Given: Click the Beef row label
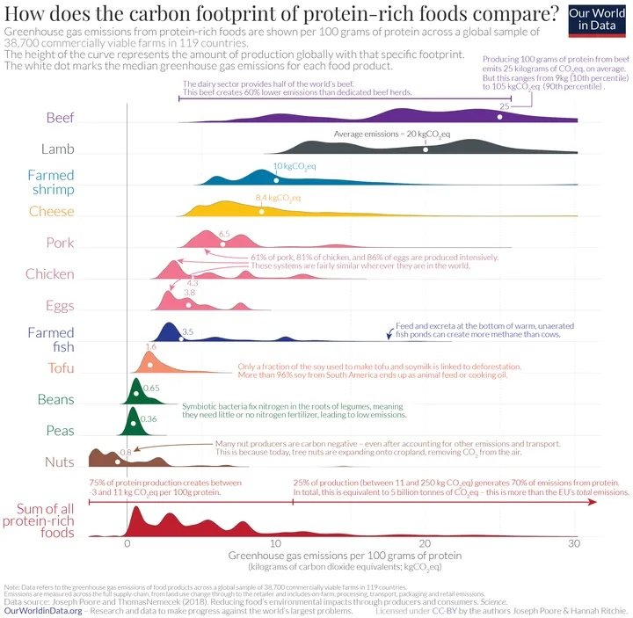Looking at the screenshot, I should coord(59,117).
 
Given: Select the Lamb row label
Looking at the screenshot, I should coord(56,149).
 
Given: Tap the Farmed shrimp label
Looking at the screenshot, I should coord(50,182).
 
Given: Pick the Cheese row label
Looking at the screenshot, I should coord(51,211).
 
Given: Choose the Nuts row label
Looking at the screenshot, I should coord(59,462).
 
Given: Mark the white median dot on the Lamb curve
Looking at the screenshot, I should coord(426,149).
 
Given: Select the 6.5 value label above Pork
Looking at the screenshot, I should coord(223,233).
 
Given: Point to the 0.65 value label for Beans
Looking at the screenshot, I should coord(150,388).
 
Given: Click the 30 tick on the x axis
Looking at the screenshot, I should coord(574,544).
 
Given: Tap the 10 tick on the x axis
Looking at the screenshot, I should coord(276,544).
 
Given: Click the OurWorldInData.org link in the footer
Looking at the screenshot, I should coord(43,609).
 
